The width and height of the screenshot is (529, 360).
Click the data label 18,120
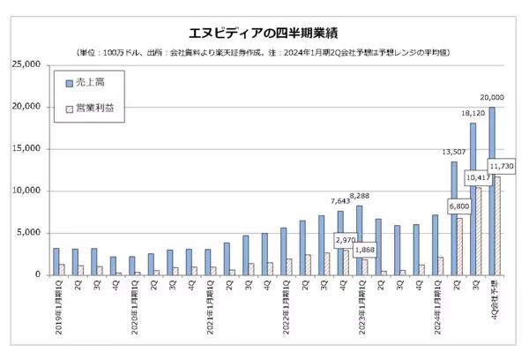473,113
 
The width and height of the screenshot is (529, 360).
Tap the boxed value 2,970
346,239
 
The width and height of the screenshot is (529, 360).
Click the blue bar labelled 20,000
491,191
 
